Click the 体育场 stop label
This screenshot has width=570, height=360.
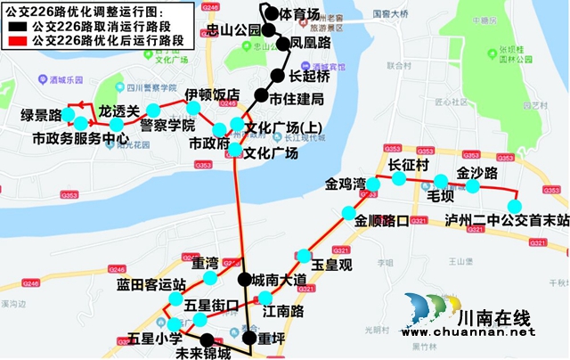tap(299, 14)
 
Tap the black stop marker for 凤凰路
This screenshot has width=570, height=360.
tap(271, 42)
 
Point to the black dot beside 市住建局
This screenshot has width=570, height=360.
tap(261, 95)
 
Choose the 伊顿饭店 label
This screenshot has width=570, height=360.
tap(212, 94)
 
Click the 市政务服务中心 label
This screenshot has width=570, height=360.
tap(81, 139)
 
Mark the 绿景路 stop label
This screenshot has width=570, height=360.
tap(40, 115)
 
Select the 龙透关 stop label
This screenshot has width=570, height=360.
tap(119, 111)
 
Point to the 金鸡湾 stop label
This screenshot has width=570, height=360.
tap(346, 184)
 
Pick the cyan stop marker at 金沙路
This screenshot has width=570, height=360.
tap(473, 186)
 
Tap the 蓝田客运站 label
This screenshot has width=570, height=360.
tap(151, 284)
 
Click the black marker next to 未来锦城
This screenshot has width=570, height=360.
tap(207, 339)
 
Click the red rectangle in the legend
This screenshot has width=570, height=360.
tap(16, 41)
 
